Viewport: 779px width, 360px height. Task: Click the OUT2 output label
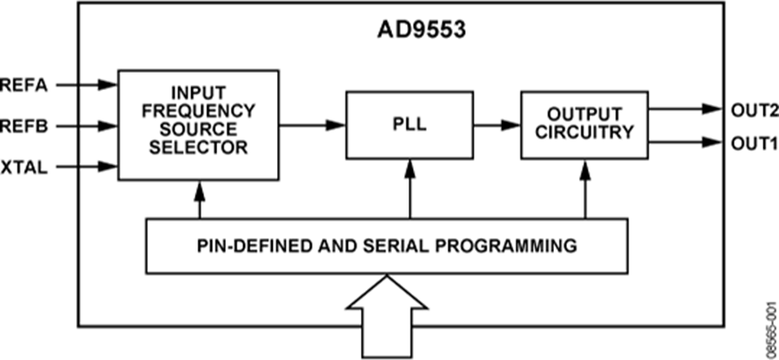point(750,110)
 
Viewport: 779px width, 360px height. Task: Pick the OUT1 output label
point(750,141)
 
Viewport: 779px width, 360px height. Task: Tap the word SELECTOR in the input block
point(199,147)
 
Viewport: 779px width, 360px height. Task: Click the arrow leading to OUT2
point(684,110)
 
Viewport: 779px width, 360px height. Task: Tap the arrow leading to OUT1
point(684,141)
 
